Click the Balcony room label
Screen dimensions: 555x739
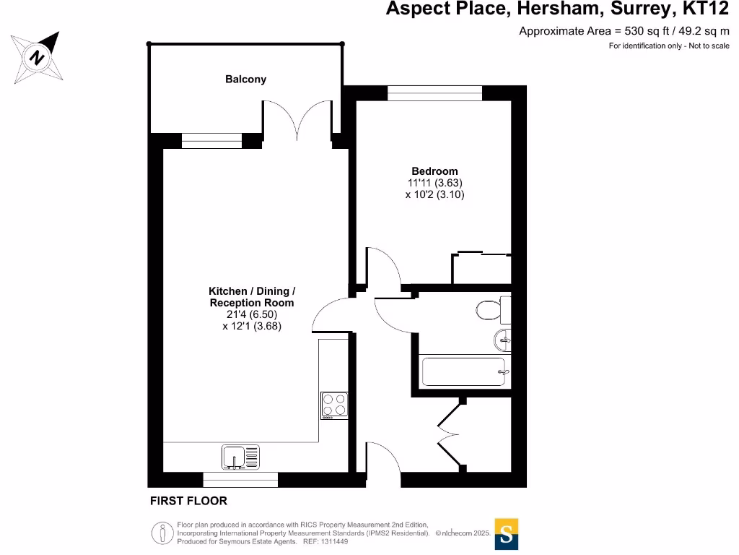tap(245, 79)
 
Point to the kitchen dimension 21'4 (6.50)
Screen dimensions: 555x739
tap(251, 314)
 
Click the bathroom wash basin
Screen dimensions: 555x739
tap(502, 338)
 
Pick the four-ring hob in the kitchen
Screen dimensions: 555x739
tap(334, 405)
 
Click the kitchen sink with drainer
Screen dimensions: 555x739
tap(240, 457)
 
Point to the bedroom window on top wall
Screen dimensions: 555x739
tap(434, 93)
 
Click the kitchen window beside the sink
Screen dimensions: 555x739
tap(240, 479)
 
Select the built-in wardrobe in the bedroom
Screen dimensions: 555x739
tap(481, 269)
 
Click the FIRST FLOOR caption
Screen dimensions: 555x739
tap(188, 501)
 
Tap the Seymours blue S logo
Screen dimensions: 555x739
tap(506, 535)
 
